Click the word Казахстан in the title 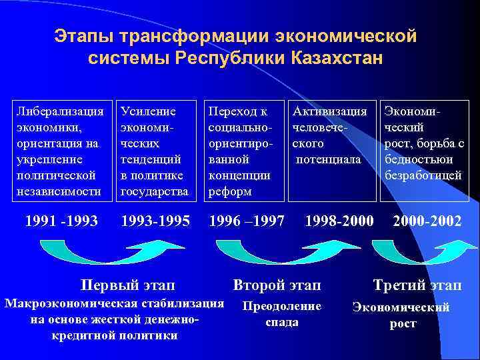(337, 57)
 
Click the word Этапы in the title (83, 34)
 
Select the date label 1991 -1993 (61, 220)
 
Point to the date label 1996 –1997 (247, 220)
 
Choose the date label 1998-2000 (339, 220)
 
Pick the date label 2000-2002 (427, 220)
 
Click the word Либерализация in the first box (61, 111)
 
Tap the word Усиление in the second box (147, 111)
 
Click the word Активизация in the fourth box (329, 111)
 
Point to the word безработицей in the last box (423, 175)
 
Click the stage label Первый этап (127, 285)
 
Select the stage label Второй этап (277, 285)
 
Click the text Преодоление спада (281, 314)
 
